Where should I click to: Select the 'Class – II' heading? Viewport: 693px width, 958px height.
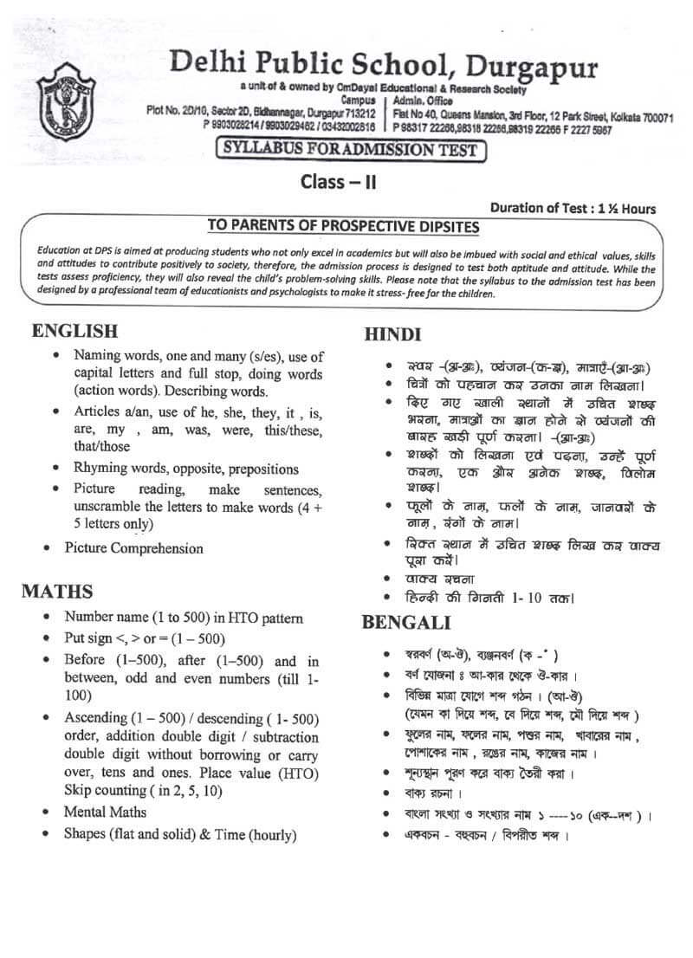[338, 182]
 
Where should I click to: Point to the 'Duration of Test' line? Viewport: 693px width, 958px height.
[573, 208]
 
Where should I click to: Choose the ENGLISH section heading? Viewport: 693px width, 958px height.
[74, 331]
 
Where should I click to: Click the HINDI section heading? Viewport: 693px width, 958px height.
[392, 334]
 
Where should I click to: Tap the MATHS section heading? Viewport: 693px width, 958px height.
[57, 592]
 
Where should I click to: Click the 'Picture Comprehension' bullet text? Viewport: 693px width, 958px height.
[133, 548]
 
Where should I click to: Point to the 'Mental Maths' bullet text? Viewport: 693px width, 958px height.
[105, 812]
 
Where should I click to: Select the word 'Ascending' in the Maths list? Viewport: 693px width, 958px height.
[97, 719]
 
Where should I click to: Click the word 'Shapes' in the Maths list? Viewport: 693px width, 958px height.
[86, 835]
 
